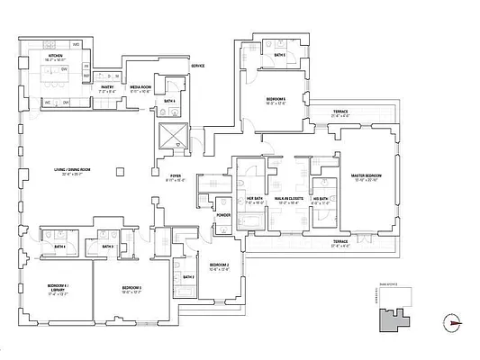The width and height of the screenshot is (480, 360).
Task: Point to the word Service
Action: [x=197, y=67]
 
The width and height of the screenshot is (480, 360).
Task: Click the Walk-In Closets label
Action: [x=289, y=201]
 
